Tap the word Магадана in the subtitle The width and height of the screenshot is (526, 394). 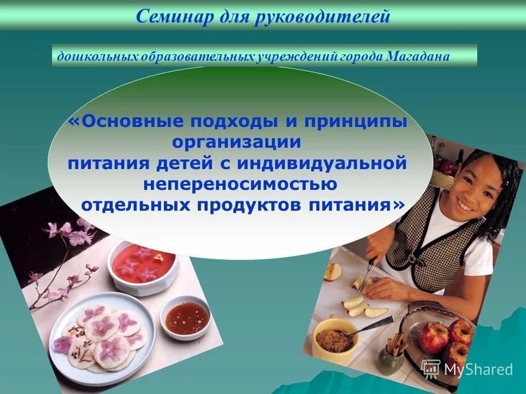point(419,56)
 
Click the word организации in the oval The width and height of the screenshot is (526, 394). point(237,142)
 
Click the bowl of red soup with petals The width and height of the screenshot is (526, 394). point(144,265)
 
